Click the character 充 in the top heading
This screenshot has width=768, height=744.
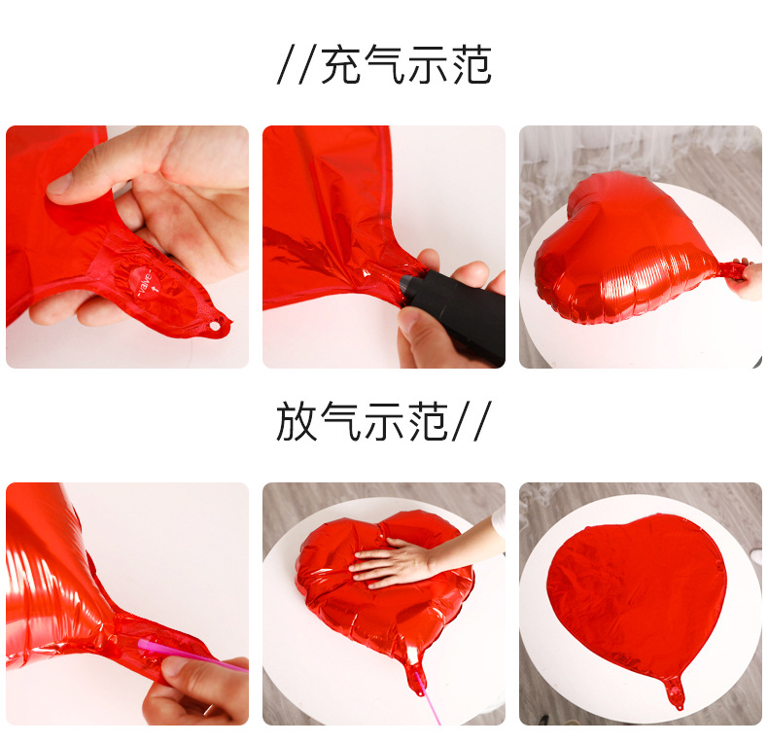point(341,65)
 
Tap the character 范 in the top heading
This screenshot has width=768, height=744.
point(471,65)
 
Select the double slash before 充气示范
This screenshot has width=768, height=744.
point(297,66)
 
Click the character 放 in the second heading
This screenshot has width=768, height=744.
point(297,422)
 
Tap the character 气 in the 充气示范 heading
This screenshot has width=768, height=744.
point(385,65)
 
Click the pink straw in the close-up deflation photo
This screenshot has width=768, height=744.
point(190,655)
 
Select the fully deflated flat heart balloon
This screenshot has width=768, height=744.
point(637,593)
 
